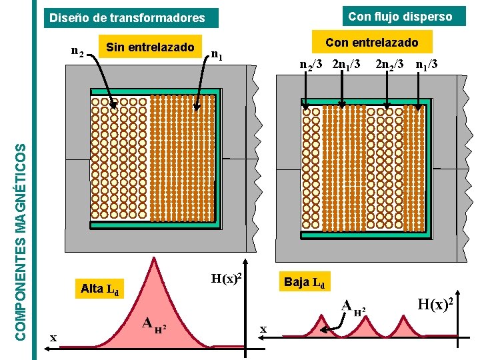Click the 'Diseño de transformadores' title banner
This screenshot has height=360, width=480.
tap(131, 18)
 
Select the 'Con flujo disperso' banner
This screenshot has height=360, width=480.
tap(404, 16)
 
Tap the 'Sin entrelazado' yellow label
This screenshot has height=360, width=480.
tap(150, 47)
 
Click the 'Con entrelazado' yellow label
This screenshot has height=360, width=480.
tap(372, 42)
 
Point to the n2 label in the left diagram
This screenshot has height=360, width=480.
tap(77, 51)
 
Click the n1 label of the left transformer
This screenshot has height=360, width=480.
tap(217, 55)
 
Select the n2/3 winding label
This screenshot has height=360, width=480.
tap(311, 65)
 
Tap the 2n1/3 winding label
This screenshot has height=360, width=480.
tap(346, 65)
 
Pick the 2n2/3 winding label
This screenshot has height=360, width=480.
tap(389, 65)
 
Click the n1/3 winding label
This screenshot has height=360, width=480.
tap(427, 65)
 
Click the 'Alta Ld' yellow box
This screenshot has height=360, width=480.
tap(99, 289)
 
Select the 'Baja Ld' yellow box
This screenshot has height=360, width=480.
tap(305, 281)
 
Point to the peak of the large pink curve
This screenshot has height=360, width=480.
tap(154, 257)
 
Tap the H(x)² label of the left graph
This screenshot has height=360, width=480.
tap(226, 278)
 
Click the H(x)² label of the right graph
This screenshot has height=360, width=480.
tap(435, 304)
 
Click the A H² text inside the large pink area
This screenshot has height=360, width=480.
tap(155, 325)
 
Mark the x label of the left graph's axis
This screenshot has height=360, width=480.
tap(53, 338)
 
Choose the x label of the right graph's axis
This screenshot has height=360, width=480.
tap(263, 329)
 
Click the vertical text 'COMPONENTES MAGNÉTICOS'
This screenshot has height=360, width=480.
tap(21, 243)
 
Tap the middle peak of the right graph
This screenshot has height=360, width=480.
tap(365, 316)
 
